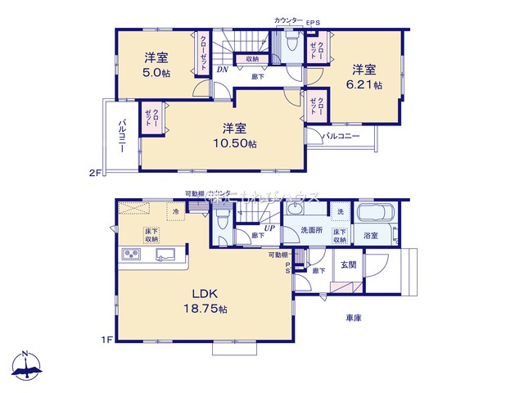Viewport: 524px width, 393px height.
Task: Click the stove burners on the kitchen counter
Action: coord(132,255)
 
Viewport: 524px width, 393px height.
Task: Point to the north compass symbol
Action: coord(26,365)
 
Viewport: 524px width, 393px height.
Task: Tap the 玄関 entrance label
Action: coord(348,264)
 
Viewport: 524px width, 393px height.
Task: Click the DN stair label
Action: coord(222,70)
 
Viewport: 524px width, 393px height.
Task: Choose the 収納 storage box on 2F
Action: coord(251,59)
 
